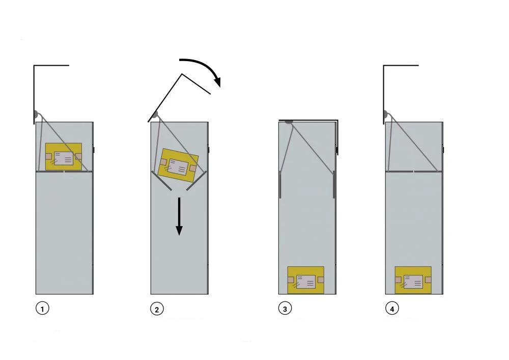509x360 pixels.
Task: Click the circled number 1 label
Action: (43, 308)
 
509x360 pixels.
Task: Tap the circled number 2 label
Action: (157, 309)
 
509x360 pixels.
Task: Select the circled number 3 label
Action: (285, 308)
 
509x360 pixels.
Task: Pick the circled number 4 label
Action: (392, 308)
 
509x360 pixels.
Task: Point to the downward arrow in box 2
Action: (179, 216)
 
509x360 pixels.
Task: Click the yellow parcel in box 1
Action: (64, 157)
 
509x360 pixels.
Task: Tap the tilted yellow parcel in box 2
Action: (178, 165)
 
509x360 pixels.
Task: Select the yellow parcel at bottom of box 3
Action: (306, 280)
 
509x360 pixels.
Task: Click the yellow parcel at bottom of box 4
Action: (413, 280)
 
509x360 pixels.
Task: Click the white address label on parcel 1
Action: (64, 158)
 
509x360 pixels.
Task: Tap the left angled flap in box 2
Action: (162, 181)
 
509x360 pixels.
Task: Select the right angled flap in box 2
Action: (196, 181)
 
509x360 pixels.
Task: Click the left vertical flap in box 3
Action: (280, 184)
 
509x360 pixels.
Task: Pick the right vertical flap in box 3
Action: (333, 184)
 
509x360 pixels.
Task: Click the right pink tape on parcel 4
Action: (428, 280)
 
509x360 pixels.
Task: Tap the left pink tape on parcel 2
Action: (163, 162)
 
